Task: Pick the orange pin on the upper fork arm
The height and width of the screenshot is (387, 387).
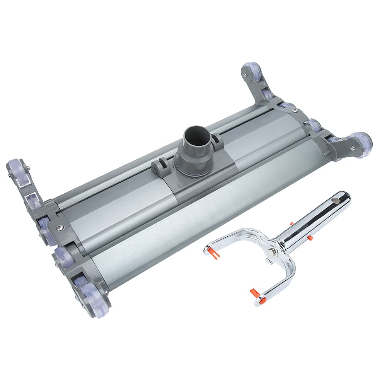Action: pyautogui.click(x=211, y=252)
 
